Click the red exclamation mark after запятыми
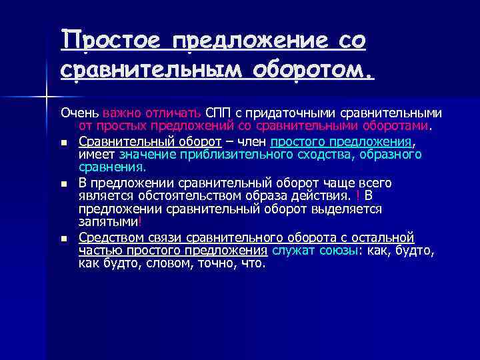pyautogui.click(x=139, y=221)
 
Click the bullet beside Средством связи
pyautogui.click(x=63, y=239)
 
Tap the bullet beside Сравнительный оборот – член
pyautogui.click(x=63, y=143)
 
